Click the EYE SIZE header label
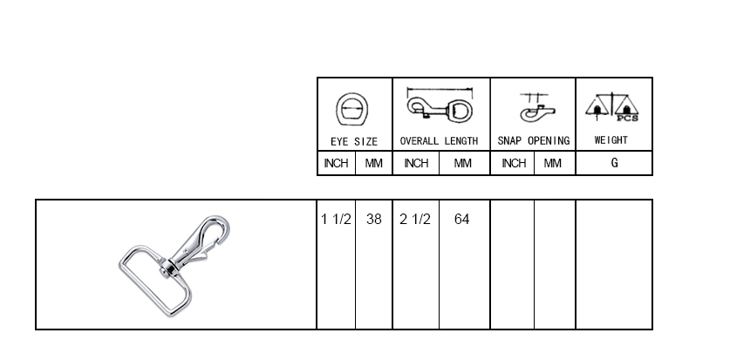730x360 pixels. [x=354, y=141]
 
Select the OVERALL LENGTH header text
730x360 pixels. [x=439, y=141]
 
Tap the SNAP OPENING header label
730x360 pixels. [x=534, y=140]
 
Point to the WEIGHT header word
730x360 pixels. [x=611, y=140]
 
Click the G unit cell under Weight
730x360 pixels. [x=614, y=163]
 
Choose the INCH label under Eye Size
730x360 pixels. [x=336, y=163]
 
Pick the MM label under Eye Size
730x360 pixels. [x=373, y=163]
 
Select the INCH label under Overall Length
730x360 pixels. [x=416, y=163]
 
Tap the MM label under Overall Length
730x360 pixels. [x=462, y=163]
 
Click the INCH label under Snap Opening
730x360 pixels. [x=514, y=163]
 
